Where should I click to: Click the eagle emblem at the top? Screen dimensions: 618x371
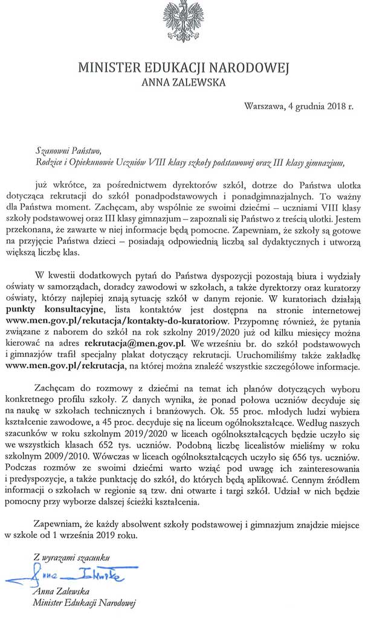[184, 23]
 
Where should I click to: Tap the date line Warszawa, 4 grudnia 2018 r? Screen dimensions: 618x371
[298, 107]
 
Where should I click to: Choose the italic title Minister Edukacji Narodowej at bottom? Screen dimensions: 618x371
[85, 603]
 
